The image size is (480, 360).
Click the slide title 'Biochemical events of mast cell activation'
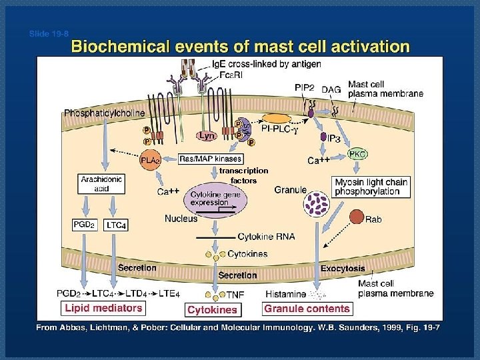pyautogui.click(x=240, y=47)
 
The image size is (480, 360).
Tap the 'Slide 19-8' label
pyautogui.click(x=49, y=33)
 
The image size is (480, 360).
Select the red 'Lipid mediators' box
pyautogui.click(x=103, y=308)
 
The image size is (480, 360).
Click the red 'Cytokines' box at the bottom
pyautogui.click(x=212, y=310)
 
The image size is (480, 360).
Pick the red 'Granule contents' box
pyautogui.click(x=307, y=309)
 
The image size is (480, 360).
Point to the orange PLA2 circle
pyautogui.click(x=149, y=161)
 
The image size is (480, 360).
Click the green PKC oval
pyautogui.click(x=357, y=155)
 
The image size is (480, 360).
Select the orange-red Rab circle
pyautogui.click(x=357, y=217)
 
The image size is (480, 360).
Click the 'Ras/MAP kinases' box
pyautogui.click(x=211, y=159)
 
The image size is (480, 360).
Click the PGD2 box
pyautogui.click(x=85, y=225)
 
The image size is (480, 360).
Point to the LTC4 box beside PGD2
pyautogui.click(x=116, y=225)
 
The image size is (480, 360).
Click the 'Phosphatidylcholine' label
pyautogui.click(x=104, y=113)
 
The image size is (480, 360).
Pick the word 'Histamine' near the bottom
pyautogui.click(x=285, y=294)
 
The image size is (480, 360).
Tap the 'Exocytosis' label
pyautogui.click(x=343, y=269)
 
